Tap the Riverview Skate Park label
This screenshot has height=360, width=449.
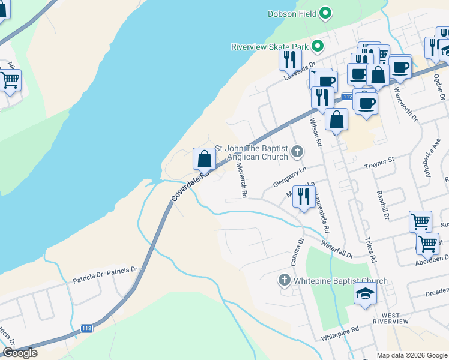[270, 46]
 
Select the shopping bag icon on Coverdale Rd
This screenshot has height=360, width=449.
[204, 159]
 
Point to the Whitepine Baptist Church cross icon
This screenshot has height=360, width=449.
[285, 280]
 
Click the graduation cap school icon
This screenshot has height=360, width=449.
[365, 295]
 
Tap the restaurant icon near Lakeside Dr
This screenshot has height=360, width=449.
[290, 59]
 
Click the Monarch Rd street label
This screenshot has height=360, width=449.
[241, 181]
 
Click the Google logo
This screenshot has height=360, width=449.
[20, 353]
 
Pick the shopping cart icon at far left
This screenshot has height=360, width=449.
[10, 79]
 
